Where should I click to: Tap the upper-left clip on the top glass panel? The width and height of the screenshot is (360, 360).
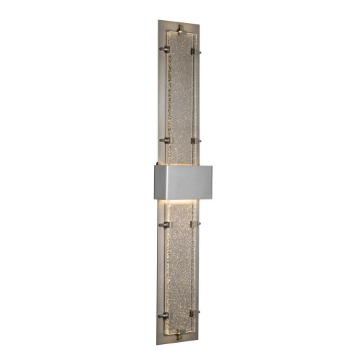[165, 50]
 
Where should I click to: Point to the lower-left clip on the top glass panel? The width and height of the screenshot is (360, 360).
[165, 139]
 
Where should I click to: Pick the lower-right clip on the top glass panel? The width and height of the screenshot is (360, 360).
[195, 139]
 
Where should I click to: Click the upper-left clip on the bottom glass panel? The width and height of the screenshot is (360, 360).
[165, 225]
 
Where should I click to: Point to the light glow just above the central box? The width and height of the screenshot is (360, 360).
[180, 160]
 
